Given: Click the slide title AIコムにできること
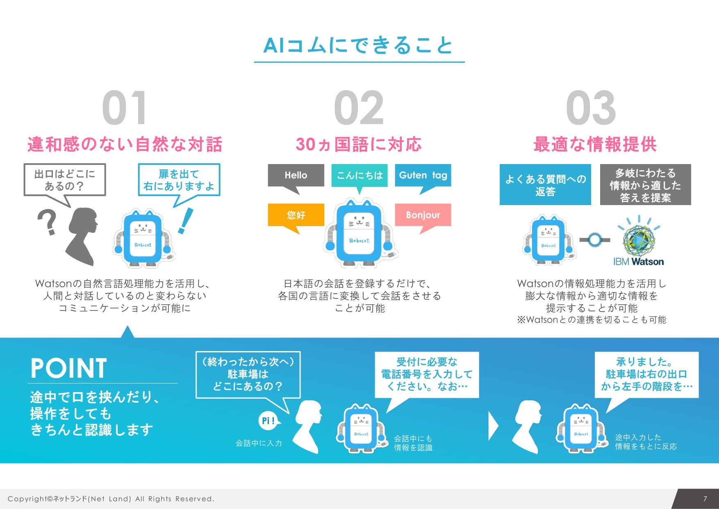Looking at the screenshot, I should coord(359,46).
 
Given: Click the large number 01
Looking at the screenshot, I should coord(124,108).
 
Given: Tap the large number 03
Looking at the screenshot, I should coord(591,108).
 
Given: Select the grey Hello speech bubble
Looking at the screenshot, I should coord(296,176).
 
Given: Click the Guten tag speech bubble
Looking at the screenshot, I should coord(423,176).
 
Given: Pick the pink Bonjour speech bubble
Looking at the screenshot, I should coord(423,215).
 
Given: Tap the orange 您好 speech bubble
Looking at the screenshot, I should coord(296,215).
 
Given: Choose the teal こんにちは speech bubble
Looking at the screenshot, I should coord(359,176).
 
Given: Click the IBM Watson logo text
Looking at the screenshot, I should coord(638,262).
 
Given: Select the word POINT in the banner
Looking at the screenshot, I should coord(69,368).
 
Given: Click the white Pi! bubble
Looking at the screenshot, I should coord(268,421).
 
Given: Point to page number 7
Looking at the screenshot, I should coord(705,499).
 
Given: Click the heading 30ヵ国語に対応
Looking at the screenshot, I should coord(359,145).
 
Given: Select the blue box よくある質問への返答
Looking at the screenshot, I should coord(545,185).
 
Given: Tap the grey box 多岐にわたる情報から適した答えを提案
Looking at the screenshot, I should coord(645,185).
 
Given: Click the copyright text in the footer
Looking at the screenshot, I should coord(111,499).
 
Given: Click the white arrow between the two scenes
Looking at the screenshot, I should coord(493,427).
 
